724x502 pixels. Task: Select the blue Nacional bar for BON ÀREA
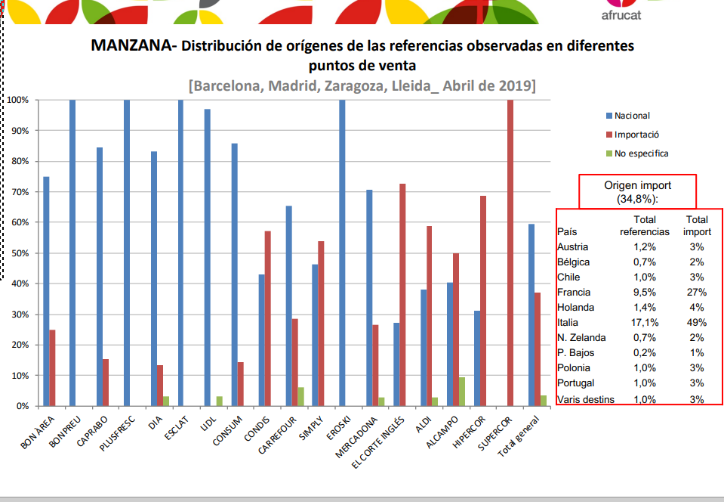46,291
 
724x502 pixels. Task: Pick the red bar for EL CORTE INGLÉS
402,295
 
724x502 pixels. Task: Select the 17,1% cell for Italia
644,323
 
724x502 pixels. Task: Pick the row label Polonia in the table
574,368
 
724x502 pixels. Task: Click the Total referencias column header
644,225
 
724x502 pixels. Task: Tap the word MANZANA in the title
131,45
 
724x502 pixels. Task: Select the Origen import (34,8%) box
637,191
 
